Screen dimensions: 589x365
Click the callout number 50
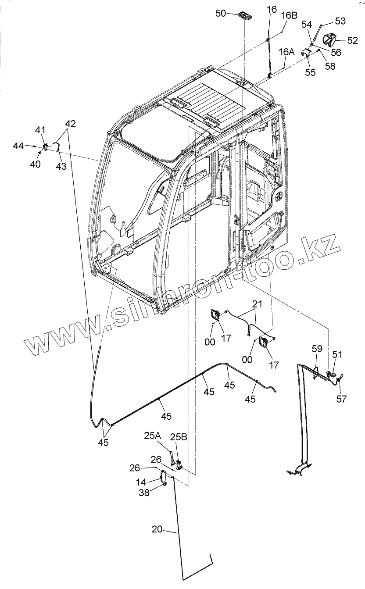click(221, 13)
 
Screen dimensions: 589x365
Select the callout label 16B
click(289, 16)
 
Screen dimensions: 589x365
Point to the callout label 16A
click(287, 52)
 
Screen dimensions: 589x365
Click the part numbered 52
click(329, 40)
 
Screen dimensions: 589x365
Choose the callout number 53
click(340, 21)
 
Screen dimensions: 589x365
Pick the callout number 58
click(330, 66)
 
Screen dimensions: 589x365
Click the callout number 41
click(40, 130)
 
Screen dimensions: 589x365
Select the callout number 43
click(61, 166)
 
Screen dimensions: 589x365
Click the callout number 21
click(257, 304)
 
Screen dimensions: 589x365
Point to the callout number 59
click(317, 349)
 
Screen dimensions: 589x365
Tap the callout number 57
click(341, 399)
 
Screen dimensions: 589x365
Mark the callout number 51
click(337, 354)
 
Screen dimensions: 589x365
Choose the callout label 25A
click(152, 436)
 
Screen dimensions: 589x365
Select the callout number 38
click(144, 493)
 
